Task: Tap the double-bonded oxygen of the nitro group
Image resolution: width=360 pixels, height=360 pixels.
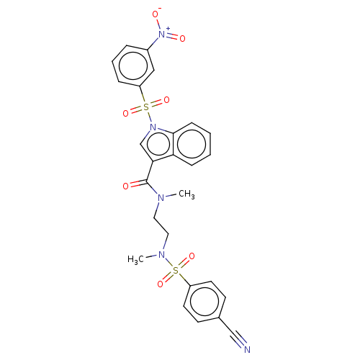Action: pyautogui.click(x=182, y=38)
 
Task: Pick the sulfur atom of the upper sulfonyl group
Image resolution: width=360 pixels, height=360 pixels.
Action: pyautogui.click(x=146, y=107)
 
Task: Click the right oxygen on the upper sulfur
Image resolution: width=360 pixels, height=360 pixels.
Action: pyautogui.click(x=166, y=102)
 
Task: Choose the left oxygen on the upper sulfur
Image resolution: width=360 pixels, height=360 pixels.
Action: pyautogui.click(x=126, y=113)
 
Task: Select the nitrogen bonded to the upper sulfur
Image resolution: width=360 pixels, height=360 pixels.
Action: pyautogui.click(x=152, y=128)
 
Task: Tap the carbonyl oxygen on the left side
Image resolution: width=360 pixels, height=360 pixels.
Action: pyautogui.click(x=126, y=186)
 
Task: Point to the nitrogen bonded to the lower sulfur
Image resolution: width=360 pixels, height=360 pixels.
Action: pyautogui.click(x=161, y=256)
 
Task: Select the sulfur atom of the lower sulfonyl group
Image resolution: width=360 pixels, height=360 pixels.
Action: pyautogui.click(x=176, y=271)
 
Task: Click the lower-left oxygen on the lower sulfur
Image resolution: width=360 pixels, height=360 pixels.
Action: pyautogui.click(x=160, y=284)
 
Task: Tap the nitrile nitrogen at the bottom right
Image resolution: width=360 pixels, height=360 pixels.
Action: pyautogui.click(x=246, y=349)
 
